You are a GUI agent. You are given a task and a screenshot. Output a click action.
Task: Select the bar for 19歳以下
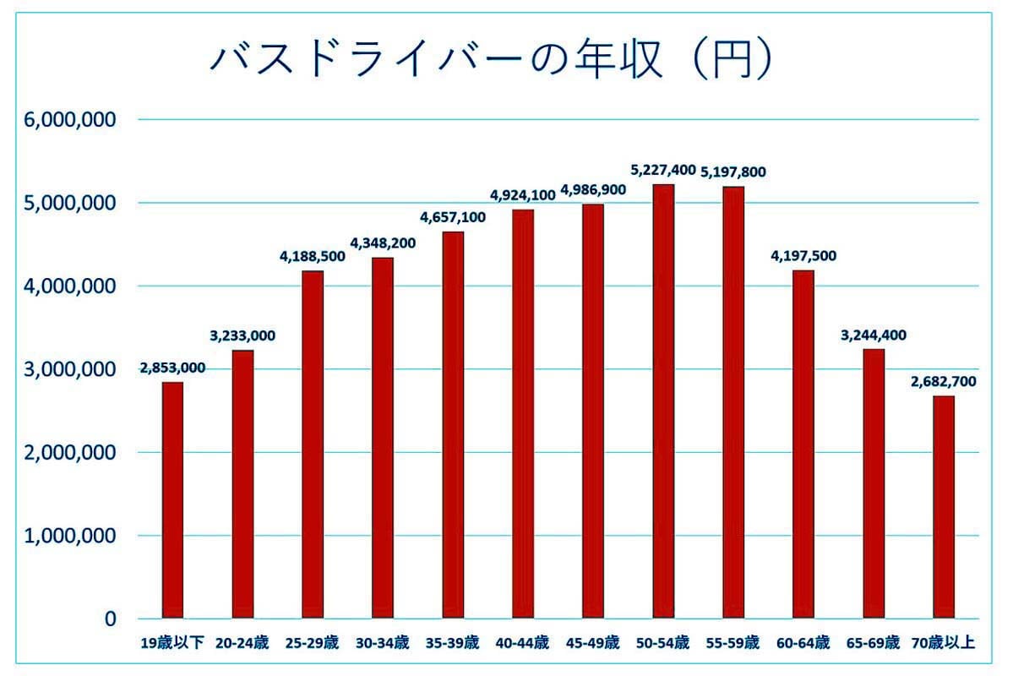[172, 500]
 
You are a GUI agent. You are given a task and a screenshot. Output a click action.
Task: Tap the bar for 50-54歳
[663, 401]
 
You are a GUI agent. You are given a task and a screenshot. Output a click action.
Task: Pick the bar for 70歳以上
[944, 507]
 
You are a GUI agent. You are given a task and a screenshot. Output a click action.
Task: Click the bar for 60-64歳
[803, 444]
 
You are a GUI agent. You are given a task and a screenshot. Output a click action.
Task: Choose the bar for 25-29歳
[313, 444]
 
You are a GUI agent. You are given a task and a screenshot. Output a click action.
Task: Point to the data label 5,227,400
[663, 170]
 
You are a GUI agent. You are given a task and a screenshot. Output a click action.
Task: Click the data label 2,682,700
[944, 382]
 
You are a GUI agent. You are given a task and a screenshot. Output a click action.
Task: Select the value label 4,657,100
[453, 217]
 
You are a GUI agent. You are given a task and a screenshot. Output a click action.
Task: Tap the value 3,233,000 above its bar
[242, 335]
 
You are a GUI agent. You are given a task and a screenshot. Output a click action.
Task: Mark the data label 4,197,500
[803, 256]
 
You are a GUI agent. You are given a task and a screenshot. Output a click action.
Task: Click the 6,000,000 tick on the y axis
[71, 120]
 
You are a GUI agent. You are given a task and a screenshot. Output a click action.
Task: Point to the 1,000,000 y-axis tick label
[71, 536]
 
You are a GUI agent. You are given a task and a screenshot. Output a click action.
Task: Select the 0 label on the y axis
[110, 619]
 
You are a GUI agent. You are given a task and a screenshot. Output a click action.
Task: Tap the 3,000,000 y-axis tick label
[71, 369]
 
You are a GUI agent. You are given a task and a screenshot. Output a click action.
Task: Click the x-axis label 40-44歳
[523, 643]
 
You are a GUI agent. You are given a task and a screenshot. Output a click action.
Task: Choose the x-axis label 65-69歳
[874, 643]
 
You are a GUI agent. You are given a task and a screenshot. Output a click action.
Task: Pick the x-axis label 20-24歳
[242, 643]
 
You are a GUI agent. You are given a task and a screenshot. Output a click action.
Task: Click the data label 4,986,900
[593, 189]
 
